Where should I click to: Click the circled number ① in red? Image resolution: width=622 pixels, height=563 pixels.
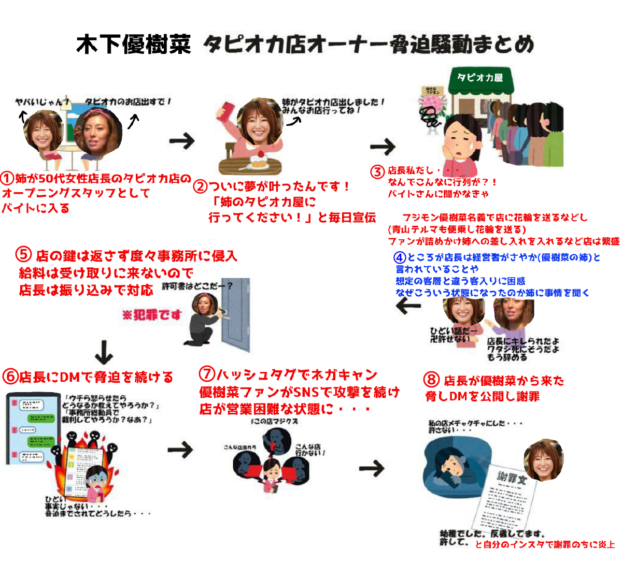click(7, 179)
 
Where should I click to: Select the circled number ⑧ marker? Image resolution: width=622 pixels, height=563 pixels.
click(431, 380)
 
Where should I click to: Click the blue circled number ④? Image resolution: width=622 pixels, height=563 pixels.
click(400, 257)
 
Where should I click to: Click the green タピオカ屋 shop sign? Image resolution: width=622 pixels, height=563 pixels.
click(479, 78)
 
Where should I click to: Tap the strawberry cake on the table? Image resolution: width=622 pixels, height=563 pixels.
click(258, 158)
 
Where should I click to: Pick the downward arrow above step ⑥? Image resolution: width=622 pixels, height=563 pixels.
click(104, 353)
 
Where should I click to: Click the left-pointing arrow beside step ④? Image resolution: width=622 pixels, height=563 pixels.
click(408, 306)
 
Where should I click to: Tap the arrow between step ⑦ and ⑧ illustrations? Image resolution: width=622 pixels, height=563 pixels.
click(372, 468)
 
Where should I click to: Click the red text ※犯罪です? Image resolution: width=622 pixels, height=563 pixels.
click(152, 314)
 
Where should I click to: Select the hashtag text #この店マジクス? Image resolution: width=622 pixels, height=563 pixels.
click(274, 421)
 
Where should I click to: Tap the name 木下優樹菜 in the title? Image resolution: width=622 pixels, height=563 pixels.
click(134, 45)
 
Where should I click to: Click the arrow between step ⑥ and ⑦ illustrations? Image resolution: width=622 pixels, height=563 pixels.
click(180, 449)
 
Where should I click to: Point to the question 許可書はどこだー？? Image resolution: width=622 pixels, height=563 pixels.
click(197, 285)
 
